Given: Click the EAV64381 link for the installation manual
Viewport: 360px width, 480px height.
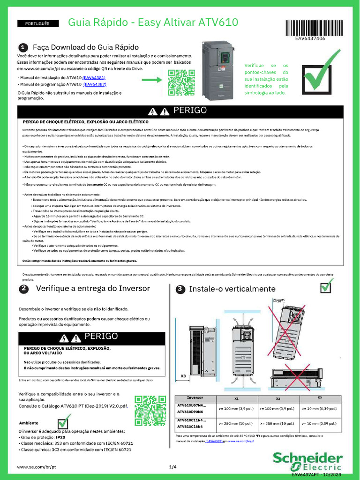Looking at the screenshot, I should (x=94, y=77).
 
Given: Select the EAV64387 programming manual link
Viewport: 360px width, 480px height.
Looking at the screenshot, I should (x=95, y=85).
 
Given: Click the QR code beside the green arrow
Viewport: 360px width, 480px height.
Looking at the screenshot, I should (x=181, y=82).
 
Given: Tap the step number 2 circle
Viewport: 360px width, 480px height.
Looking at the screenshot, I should (x=23, y=289).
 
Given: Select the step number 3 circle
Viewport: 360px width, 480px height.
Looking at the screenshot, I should (x=180, y=290).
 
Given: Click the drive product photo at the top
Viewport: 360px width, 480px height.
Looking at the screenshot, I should (x=217, y=70).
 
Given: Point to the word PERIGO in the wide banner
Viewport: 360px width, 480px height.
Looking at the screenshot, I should (x=190, y=111).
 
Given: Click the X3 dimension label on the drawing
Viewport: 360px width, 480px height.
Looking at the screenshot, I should (x=183, y=375).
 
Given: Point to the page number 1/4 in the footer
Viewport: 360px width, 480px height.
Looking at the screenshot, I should (x=173, y=467).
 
